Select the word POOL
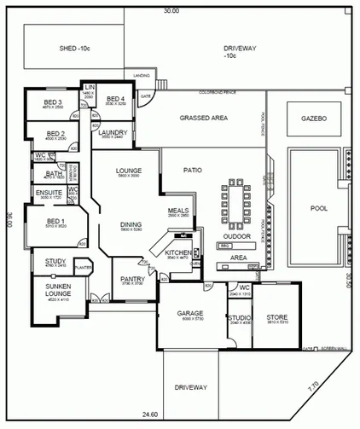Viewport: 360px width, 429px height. coord(318,207)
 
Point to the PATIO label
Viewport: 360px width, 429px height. coord(193,171)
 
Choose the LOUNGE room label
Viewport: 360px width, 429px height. coord(128,171)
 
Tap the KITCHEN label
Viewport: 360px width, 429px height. coord(177,253)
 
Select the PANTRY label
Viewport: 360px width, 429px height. coord(132,279)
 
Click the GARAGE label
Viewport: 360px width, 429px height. coord(189,313)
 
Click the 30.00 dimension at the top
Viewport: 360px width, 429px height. coord(172,11)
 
